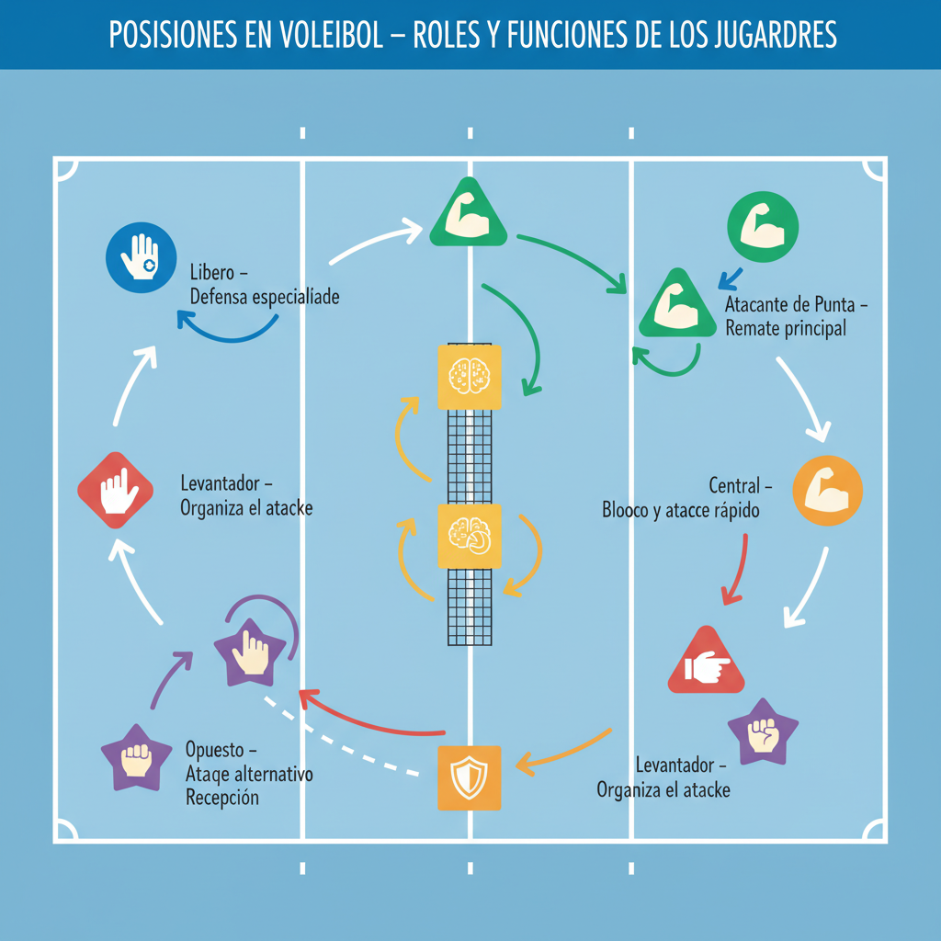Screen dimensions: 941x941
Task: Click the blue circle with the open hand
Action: [141, 258]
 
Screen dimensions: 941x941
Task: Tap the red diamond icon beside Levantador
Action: [115, 489]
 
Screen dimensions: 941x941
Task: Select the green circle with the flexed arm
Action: [763, 226]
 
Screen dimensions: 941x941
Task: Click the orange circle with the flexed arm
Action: [827, 492]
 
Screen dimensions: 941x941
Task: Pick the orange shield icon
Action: [470, 777]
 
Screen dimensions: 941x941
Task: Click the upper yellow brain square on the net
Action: [470, 377]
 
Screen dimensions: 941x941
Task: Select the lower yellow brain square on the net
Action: [470, 536]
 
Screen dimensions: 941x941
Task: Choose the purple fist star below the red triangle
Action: [763, 731]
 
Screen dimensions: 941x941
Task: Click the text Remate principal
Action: [786, 328]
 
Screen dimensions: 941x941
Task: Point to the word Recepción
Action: [222, 798]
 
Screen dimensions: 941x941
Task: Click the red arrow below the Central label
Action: [737, 570]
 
